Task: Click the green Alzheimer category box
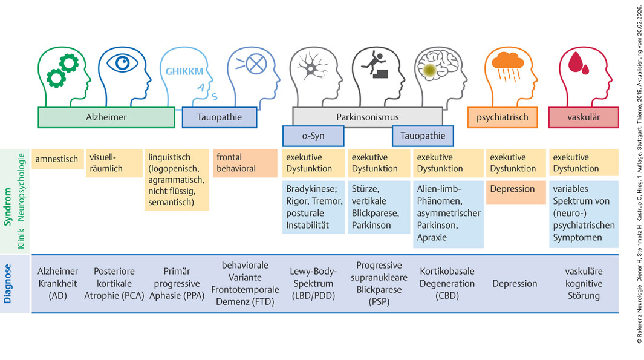coord(106,117)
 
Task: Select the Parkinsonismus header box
coord(368,117)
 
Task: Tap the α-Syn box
coord(313,136)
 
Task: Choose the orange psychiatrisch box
coord(503,117)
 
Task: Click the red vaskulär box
coord(584,117)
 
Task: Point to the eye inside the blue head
coord(122,63)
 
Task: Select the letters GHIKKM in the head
coord(184,71)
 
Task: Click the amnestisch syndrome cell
coord(57,159)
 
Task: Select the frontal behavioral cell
coord(245,163)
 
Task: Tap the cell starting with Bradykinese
coord(313,207)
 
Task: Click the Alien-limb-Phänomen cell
coord(448,214)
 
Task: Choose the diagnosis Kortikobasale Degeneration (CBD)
coord(447,284)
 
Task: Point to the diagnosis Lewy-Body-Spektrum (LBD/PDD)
coord(313,284)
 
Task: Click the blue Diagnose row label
coord(7,284)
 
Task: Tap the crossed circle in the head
coord(256,64)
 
